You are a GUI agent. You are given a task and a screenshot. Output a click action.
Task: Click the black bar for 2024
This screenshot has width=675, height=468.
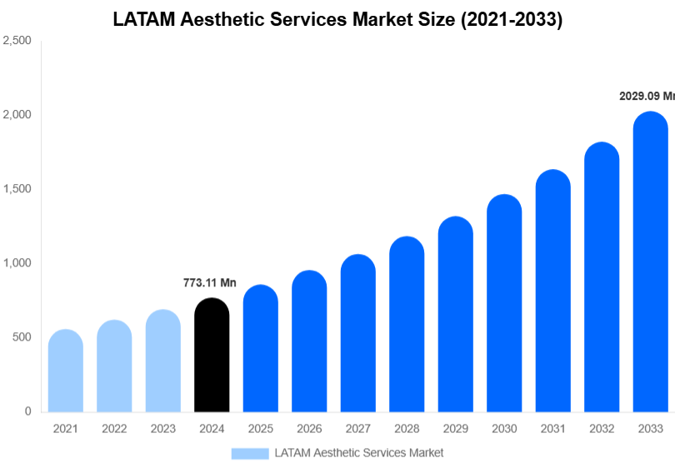pyautogui.click(x=212, y=356)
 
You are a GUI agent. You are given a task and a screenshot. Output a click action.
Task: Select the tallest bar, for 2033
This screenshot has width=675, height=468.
pyautogui.click(x=650, y=262)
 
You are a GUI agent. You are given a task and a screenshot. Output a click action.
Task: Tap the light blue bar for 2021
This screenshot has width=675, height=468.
pyautogui.click(x=66, y=371)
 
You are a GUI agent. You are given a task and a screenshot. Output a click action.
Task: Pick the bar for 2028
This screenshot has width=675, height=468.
pyautogui.click(x=407, y=325)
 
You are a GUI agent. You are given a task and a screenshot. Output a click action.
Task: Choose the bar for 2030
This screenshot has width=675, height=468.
pyautogui.click(x=504, y=304)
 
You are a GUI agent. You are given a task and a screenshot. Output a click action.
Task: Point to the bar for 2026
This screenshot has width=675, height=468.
pyautogui.click(x=309, y=341)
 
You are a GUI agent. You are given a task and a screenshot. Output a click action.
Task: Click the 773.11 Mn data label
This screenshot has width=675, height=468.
pyautogui.click(x=210, y=283)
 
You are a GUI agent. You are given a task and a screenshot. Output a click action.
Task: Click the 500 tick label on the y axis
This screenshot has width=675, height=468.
pyautogui.click(x=22, y=337)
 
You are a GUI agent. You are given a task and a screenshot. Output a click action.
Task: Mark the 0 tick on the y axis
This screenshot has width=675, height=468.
pyautogui.click(x=27, y=411)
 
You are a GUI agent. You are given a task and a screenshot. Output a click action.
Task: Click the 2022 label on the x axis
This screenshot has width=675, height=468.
pyautogui.click(x=114, y=429)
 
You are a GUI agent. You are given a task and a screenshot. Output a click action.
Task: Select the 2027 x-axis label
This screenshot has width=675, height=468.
pyautogui.click(x=357, y=429)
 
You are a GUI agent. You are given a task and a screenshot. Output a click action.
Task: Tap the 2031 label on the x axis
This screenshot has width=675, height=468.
pyautogui.click(x=552, y=429)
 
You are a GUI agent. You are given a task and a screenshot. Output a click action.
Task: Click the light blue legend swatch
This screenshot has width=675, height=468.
pyautogui.click(x=250, y=453)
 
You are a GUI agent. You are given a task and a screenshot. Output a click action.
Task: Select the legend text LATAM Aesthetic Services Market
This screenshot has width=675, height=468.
pyautogui.click(x=359, y=453)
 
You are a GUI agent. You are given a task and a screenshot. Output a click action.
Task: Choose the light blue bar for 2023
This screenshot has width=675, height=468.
pyautogui.click(x=163, y=361)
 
